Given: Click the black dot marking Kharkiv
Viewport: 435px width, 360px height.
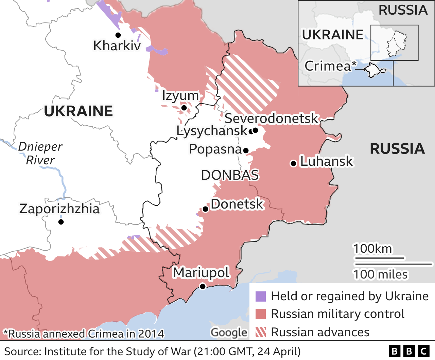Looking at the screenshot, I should click(x=118, y=35).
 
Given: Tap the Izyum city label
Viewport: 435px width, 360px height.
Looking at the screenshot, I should click(x=180, y=96).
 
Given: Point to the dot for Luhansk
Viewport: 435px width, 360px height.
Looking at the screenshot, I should click(x=293, y=164).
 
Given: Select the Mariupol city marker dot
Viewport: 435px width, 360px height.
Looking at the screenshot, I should click(x=203, y=286).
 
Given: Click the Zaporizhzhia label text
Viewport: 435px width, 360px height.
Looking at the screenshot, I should click(x=59, y=209).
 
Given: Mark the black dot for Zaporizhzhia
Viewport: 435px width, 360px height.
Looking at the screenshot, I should click(x=61, y=222).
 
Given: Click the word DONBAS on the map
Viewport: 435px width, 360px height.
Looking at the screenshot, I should click(x=230, y=175).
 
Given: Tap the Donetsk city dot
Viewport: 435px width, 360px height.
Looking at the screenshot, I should click(x=205, y=209).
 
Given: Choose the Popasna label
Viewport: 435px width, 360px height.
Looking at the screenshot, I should click(x=215, y=149).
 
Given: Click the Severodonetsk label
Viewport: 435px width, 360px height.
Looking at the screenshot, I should click(x=271, y=119).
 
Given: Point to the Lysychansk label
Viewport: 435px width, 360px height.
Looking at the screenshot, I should click(x=212, y=131).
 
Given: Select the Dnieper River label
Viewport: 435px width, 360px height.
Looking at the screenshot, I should click(x=40, y=153).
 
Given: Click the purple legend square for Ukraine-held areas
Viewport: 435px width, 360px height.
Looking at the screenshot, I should click(x=260, y=296).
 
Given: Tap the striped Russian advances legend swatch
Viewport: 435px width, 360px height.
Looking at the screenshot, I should click(x=260, y=332).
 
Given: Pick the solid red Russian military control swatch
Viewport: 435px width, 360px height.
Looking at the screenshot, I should click(x=260, y=314).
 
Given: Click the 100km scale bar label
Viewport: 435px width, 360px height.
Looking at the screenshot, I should click(x=372, y=249).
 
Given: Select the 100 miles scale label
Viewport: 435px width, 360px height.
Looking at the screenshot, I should click(x=380, y=274).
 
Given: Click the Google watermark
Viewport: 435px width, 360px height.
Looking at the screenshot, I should click(x=229, y=332).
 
